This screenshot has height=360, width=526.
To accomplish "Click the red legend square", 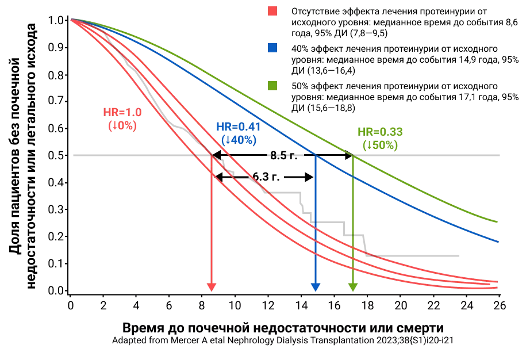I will tap(272, 11).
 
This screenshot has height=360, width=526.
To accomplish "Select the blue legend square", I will tap(272, 48).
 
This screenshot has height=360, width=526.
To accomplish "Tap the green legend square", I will tap(272, 86).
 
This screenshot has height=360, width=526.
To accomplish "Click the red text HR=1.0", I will tap(122, 113).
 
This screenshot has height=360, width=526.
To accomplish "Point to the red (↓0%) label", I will tap(122, 126).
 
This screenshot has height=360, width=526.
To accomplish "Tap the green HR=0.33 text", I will tap(380, 132).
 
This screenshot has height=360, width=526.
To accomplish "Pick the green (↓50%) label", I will tap(380, 145).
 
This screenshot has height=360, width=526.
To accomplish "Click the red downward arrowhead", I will tap(212, 287).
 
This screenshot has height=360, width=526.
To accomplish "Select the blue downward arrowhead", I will tap(316, 287).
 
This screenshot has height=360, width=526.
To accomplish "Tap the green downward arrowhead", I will tap(353, 287).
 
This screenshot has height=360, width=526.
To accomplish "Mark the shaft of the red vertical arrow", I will tap(212, 219).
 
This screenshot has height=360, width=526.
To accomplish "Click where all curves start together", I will tap(72, 20).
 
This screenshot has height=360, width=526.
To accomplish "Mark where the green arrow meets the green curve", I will tap(353, 155).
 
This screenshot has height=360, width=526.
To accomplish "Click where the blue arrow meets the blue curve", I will tap(316, 154).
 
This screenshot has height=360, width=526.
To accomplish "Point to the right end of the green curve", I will tap(497, 221).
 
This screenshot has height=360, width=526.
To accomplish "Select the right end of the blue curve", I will tap(497, 241).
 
